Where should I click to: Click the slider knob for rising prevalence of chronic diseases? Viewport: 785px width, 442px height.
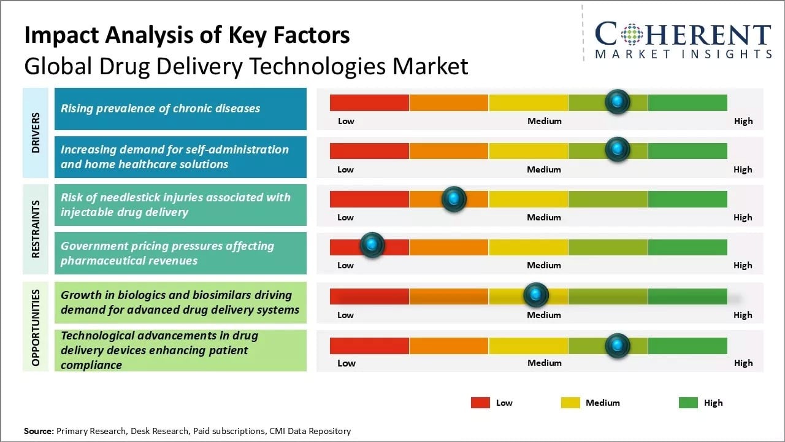tap(617, 101)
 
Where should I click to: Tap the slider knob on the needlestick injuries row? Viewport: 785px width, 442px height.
tap(454, 199)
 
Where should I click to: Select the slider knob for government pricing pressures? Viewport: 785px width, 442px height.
tap(371, 245)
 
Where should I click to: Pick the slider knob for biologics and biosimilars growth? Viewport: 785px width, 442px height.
tap(536, 295)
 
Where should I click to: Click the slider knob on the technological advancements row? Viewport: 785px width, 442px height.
tap(617, 346)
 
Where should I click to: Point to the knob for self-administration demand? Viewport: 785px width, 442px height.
tap(617, 149)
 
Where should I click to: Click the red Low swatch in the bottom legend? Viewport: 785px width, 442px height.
tap(480, 403)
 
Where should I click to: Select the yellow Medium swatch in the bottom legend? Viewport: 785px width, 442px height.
tap(570, 403)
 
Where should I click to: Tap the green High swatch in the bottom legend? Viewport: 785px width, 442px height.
tap(688, 403)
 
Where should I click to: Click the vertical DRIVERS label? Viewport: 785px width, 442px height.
tap(36, 133)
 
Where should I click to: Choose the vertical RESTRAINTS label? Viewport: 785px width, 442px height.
tap(36, 228)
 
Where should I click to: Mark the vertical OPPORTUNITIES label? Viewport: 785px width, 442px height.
tap(36, 327)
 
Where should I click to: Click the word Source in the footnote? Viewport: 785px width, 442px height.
tap(39, 431)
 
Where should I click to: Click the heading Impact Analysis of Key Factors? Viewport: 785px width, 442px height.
tap(186, 35)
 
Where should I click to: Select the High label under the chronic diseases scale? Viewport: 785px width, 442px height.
tap(743, 121)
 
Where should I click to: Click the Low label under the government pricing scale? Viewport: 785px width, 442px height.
tap(345, 265)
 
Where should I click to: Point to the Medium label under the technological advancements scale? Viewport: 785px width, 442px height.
tap(544, 363)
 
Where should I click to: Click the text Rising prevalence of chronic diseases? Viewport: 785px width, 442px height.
tap(160, 109)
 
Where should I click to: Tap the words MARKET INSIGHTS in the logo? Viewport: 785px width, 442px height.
tap(683, 54)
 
